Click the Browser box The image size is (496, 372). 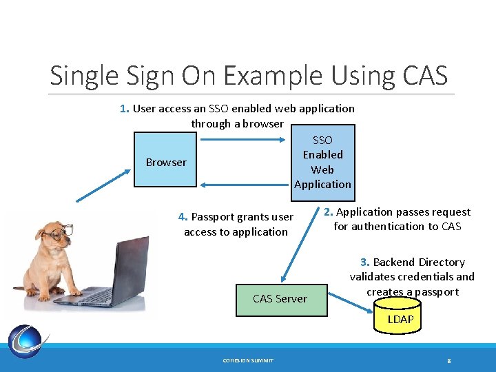165,163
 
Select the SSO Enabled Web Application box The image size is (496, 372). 322,162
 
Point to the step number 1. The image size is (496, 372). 124,108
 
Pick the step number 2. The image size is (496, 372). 329,212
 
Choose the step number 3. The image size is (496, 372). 365,262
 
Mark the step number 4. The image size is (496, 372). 183,217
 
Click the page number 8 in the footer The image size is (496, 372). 448,360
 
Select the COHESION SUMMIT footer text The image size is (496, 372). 248,360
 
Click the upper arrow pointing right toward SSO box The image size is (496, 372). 241,141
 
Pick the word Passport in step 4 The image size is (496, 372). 213,217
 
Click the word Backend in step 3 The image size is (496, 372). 394,262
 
